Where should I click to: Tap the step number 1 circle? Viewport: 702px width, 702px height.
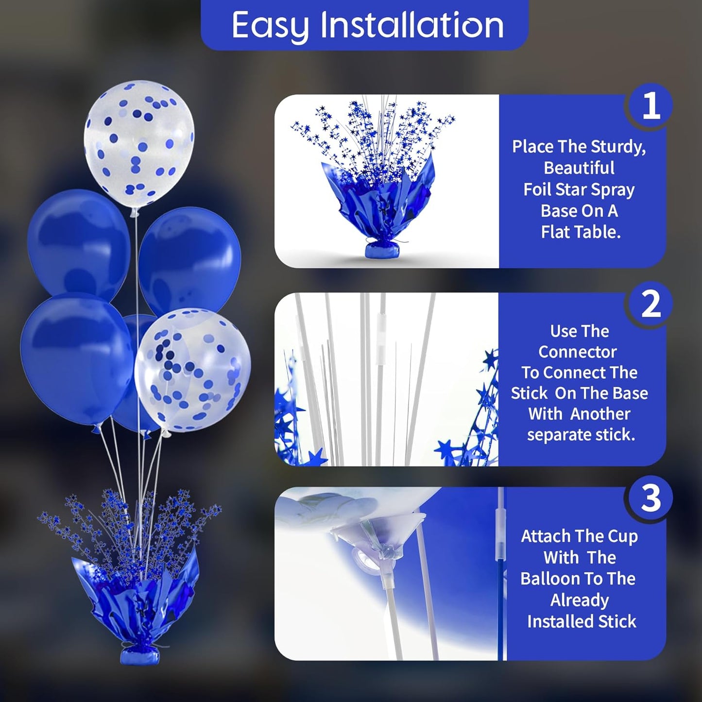[x=651, y=106]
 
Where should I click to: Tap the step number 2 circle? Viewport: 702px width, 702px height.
[x=651, y=304]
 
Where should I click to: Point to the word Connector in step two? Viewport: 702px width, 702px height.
[x=578, y=352]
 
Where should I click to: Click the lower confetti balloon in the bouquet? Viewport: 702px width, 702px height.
[x=193, y=369]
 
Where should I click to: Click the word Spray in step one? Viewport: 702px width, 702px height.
[x=613, y=189]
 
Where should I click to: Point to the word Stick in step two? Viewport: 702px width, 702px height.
[x=529, y=393]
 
